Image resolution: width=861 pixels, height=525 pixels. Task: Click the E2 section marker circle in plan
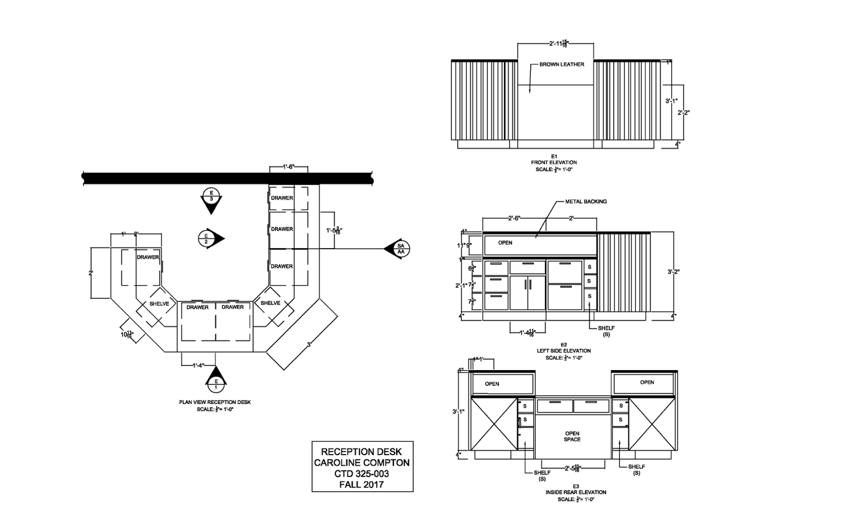pyautogui.click(x=207, y=238)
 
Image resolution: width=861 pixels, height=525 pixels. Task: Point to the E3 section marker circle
pyautogui.click(x=211, y=196)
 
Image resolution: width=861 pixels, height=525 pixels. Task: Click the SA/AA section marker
pyautogui.click(x=401, y=249)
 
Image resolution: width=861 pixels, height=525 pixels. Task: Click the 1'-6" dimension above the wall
pyautogui.click(x=289, y=167)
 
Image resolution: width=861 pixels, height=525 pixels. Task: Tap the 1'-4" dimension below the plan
pyautogui.click(x=197, y=365)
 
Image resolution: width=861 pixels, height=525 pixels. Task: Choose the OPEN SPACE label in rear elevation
pyautogui.click(x=572, y=436)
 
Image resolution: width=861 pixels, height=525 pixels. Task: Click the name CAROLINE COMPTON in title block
pyautogui.click(x=362, y=463)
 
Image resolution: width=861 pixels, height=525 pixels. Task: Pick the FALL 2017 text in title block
pyautogui.click(x=362, y=485)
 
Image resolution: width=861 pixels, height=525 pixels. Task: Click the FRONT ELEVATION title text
pyautogui.click(x=554, y=163)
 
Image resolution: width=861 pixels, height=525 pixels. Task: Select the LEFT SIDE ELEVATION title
pyautogui.click(x=564, y=351)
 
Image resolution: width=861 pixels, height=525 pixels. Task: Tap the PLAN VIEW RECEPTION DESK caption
pyautogui.click(x=215, y=402)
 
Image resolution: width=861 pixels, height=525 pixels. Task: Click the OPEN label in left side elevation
pyautogui.click(x=505, y=243)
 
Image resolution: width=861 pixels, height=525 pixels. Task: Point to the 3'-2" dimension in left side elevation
pyautogui.click(x=674, y=272)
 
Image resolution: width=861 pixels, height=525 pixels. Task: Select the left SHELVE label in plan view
pyautogui.click(x=159, y=304)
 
